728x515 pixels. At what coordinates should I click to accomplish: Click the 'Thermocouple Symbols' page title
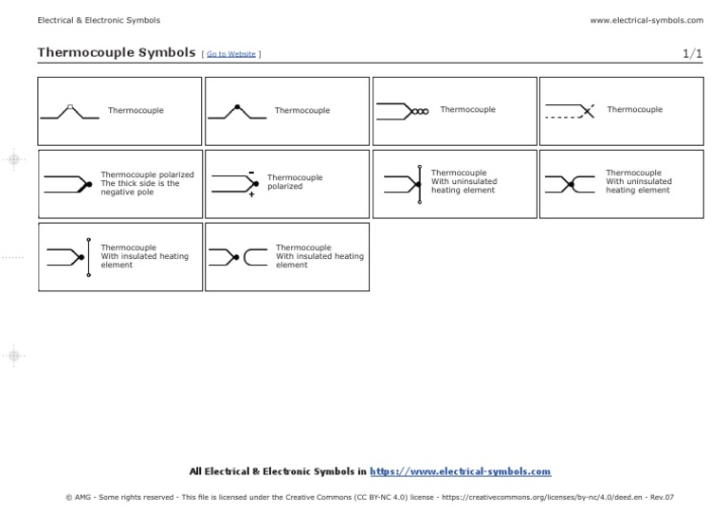(116, 53)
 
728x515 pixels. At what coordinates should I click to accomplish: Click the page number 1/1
(693, 54)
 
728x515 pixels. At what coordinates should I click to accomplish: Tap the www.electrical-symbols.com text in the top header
(646, 20)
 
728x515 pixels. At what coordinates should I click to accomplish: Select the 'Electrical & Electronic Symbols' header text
(99, 20)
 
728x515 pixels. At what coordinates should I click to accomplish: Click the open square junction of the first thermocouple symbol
(71, 105)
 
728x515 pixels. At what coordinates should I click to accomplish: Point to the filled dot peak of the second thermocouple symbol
(237, 105)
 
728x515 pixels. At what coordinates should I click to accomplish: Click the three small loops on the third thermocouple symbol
(420, 111)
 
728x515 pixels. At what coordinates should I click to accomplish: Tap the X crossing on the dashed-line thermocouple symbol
(588, 111)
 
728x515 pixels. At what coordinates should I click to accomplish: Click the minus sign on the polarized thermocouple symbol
(251, 172)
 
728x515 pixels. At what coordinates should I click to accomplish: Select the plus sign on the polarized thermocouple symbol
(252, 194)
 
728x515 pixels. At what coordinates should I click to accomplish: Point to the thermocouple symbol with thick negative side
(67, 183)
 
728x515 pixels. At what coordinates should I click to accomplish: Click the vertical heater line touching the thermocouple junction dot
(419, 183)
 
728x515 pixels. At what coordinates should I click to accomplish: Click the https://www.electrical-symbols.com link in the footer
(460, 471)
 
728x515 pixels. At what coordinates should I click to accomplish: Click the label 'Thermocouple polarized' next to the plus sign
(295, 182)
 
